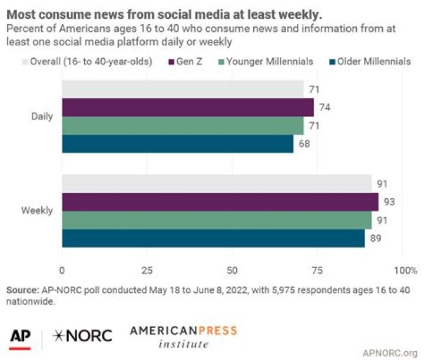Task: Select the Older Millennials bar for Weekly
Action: click(213, 238)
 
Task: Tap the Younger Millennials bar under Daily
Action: click(183, 126)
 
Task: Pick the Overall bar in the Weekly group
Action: click(217, 184)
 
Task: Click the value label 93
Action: click(390, 202)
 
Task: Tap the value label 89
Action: click(376, 238)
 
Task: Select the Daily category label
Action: click(42, 116)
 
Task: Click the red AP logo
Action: click(20, 336)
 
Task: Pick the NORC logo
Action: click(82, 336)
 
